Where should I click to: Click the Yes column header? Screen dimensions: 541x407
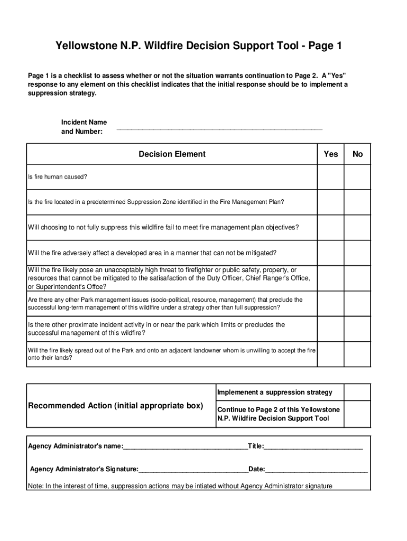click(330, 154)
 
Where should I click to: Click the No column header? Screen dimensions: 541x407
click(358, 154)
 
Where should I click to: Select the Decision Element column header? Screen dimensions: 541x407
click(172, 154)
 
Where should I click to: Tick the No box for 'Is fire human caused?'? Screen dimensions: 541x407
click(358, 177)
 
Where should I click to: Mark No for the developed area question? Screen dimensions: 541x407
click(358, 253)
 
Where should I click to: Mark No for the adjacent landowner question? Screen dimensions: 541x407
click(358, 354)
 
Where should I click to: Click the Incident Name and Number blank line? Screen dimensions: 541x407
click(219, 128)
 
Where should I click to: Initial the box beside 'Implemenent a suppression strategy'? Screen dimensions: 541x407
click(358, 392)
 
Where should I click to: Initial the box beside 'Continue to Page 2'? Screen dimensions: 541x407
click(358, 414)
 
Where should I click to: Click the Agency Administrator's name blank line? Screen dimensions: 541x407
click(185, 446)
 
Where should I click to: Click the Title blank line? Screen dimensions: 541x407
click(313, 446)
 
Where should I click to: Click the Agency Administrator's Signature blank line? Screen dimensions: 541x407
click(193, 469)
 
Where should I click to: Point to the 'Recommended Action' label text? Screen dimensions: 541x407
click(115, 406)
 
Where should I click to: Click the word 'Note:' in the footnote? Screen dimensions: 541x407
click(35, 486)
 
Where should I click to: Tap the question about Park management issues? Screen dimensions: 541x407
click(165, 303)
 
